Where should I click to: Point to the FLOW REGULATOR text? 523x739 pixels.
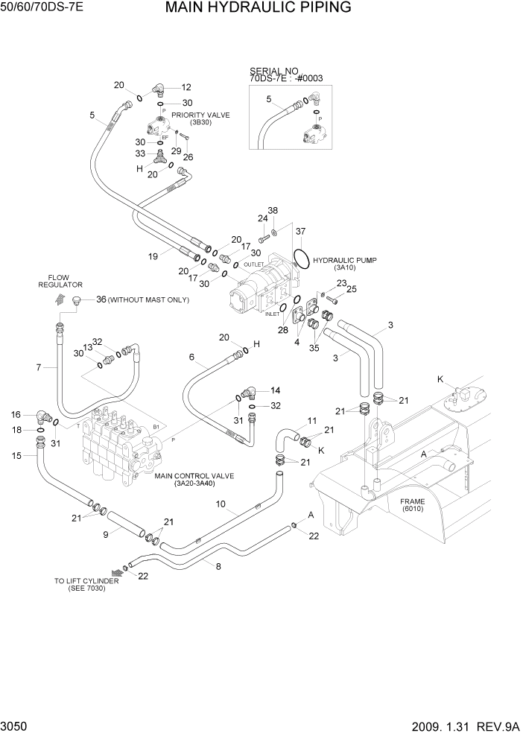pyautogui.click(x=66, y=281)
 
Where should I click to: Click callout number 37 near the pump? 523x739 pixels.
pyautogui.click(x=299, y=231)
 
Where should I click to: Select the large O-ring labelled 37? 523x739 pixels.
pyautogui.click(x=301, y=259)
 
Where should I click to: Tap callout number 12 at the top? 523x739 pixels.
pyautogui.click(x=186, y=87)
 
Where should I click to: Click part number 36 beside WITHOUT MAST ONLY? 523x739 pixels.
pyautogui.click(x=101, y=299)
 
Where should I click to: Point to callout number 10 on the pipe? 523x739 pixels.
pyautogui.click(x=221, y=504)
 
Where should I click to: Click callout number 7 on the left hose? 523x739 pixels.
pyautogui.click(x=39, y=367)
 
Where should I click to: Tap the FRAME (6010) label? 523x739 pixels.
pyautogui.click(x=411, y=506)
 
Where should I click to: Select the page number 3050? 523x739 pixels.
pyautogui.click(x=16, y=725)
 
